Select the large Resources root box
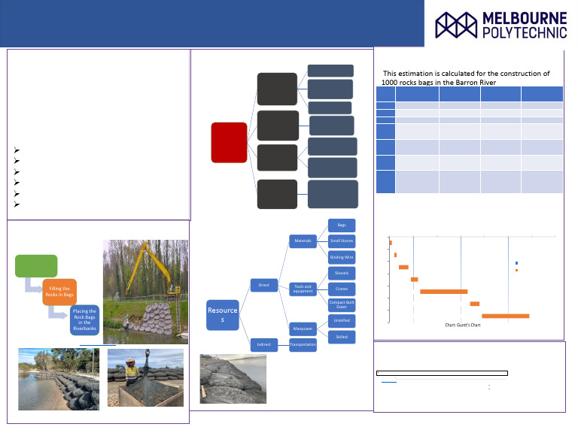tap(223, 314)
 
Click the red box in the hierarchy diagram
tap(229, 142)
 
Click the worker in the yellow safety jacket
tap(130, 371)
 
